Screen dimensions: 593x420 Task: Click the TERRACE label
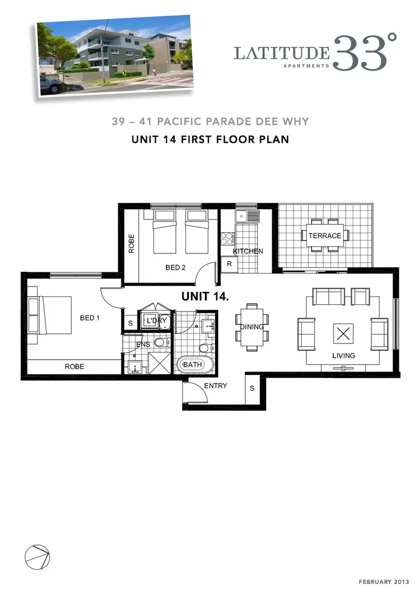click(x=325, y=236)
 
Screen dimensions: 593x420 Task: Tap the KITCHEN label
click(x=248, y=251)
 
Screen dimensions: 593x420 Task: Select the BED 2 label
click(x=175, y=267)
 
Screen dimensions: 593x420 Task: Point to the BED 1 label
click(x=90, y=318)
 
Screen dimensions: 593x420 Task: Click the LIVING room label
click(x=343, y=355)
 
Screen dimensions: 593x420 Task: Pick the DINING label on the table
click(x=252, y=327)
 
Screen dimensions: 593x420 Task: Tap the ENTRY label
click(x=216, y=386)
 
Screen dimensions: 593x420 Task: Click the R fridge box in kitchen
click(x=230, y=264)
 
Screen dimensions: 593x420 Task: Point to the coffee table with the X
click(x=343, y=334)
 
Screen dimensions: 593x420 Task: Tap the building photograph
click(x=115, y=56)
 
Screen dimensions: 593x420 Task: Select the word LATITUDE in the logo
click(x=282, y=54)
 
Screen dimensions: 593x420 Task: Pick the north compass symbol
click(x=37, y=557)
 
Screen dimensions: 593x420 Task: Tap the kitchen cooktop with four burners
click(x=227, y=239)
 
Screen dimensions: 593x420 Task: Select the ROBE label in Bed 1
click(x=74, y=366)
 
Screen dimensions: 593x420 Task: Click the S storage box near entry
click(x=252, y=388)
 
